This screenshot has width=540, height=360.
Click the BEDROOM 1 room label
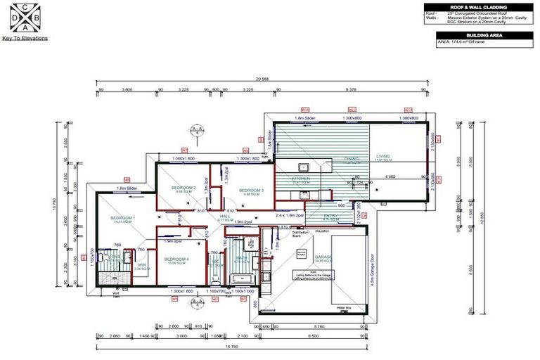[123, 219]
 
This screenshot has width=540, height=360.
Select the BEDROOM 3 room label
[251, 191]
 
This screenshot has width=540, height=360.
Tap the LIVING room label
[382, 157]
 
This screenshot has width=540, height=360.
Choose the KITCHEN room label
[300, 179]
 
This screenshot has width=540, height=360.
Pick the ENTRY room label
[311, 216]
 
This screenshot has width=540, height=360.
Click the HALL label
[225, 216]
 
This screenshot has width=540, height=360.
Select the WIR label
[141, 265]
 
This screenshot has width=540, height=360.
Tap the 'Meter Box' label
[344, 307]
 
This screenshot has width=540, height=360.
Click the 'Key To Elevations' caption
[25, 38]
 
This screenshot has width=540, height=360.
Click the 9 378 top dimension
[352, 90]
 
